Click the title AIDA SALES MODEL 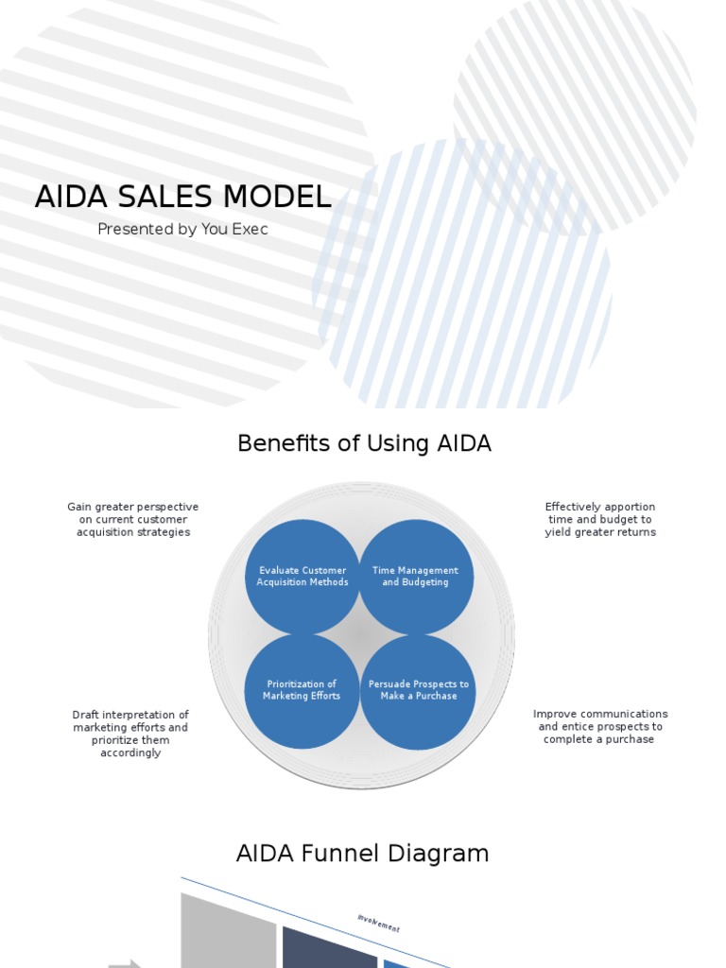point(182,197)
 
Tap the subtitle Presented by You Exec point(182,229)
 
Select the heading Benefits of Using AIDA point(364,443)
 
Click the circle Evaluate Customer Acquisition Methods point(302,577)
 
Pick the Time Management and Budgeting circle point(416,577)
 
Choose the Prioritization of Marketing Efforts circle point(302,690)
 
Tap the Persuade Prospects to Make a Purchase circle point(418,690)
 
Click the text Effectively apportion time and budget point(600,519)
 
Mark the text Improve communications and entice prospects point(600,726)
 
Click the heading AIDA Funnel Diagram point(362,854)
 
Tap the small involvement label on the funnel point(378,924)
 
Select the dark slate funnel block point(329,948)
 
